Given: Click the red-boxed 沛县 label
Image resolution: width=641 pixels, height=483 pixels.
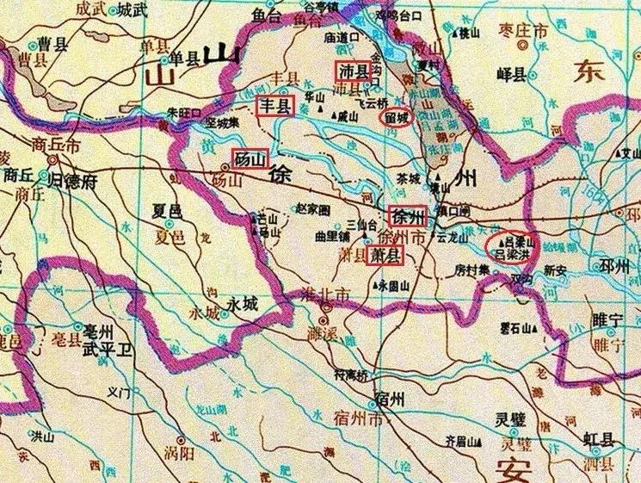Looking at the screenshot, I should coord(351,70).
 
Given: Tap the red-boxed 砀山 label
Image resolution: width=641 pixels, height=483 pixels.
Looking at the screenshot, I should coord(250,159).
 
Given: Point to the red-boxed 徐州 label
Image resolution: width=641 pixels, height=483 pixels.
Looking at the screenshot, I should coord(406,216).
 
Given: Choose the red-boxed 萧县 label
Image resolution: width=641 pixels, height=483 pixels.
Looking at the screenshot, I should coord(383,255).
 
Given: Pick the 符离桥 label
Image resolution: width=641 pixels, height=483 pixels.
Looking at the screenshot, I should coord(350,375).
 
